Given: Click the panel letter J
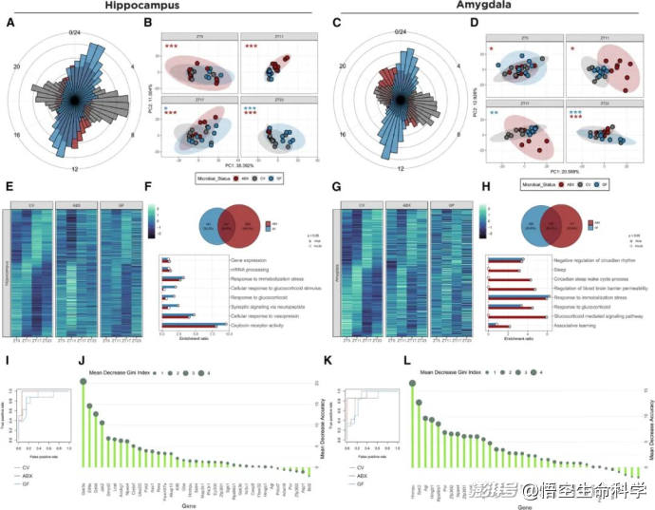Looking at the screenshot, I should coord(83,360).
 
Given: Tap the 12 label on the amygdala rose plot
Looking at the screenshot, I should coord(399,170).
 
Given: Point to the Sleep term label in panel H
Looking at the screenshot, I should coord(562,270).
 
